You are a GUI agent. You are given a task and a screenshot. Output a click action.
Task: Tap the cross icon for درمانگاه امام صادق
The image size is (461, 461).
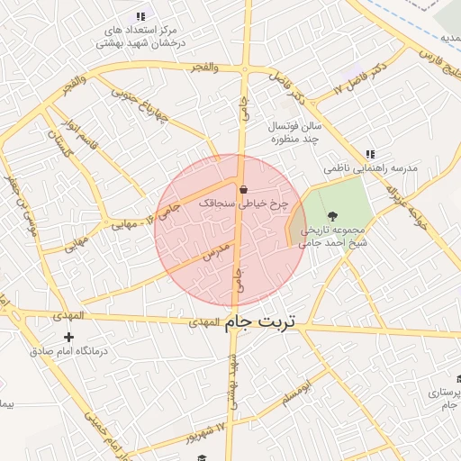[68, 338]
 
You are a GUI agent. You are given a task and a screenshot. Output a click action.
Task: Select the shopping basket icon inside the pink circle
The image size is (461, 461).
[243, 189]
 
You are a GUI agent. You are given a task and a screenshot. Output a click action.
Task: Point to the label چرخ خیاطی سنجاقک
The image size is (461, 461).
[243, 204]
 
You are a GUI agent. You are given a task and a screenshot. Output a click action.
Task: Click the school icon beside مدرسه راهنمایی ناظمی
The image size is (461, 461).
[370, 155]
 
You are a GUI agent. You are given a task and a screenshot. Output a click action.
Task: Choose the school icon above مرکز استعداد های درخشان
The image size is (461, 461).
[140, 16]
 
